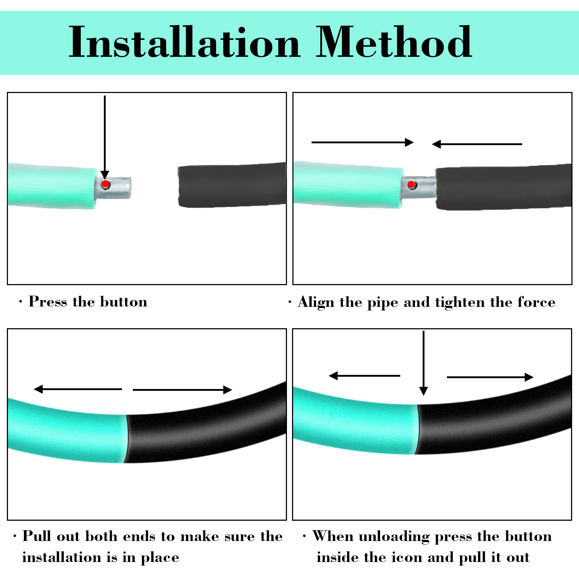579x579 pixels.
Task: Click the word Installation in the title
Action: coord(185,42)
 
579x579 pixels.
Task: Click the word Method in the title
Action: coord(394,42)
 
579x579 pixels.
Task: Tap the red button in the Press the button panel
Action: coord(105,184)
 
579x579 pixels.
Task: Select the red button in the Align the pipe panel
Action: coord(411,185)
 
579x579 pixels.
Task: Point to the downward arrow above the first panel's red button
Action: coord(105,138)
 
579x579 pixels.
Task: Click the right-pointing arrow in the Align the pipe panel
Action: coord(363,142)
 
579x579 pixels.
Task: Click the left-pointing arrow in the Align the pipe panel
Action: coord(477,144)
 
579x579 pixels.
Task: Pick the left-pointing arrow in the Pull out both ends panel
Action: coord(78,389)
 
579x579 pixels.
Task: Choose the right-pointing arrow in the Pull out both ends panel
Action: coord(182,390)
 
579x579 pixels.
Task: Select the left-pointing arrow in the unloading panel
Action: coord(364,376)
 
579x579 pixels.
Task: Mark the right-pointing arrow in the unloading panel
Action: coord(490,377)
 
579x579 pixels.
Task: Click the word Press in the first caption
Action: coord(48,301)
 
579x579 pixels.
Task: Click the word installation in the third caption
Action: coord(62,557)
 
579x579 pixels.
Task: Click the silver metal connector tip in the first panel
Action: coord(113,188)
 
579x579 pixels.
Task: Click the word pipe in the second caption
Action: coord(383,303)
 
